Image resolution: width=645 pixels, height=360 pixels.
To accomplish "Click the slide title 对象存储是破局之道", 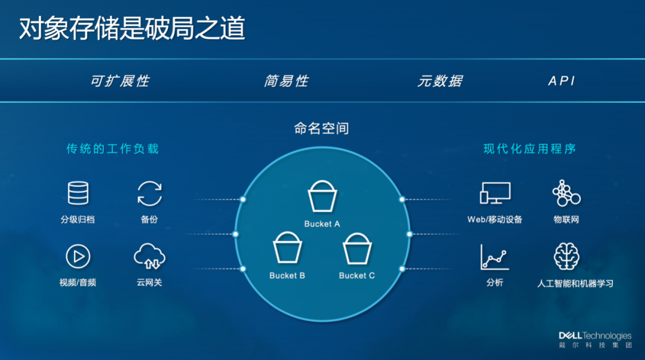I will pos(132,29).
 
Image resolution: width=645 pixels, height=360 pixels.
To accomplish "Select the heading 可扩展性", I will pos(119,81).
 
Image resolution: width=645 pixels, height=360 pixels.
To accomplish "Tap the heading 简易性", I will pos(286,81).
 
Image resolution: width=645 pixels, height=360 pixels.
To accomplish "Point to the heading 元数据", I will pos(440,81).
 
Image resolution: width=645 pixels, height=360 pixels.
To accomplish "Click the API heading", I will pos(561,81).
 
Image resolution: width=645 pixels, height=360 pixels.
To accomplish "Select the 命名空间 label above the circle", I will pos(321,128).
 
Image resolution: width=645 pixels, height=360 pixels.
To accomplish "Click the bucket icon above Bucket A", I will pos(322,195).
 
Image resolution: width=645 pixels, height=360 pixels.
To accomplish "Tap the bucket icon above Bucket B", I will pos(288,247).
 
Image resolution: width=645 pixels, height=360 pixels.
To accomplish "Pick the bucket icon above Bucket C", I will pos(357,247).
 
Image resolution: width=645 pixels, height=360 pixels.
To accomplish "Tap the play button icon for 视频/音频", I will pos(78,257).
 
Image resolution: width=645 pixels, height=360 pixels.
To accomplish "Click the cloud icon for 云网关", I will pos(149,257).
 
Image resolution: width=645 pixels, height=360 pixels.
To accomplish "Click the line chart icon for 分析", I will pos(494,257).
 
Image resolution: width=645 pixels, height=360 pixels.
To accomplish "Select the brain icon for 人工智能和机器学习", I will pos(566,257).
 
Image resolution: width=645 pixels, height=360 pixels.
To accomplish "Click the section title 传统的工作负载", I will pos(113,149).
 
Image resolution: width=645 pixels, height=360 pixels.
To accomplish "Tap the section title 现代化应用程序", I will pos(530,149).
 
